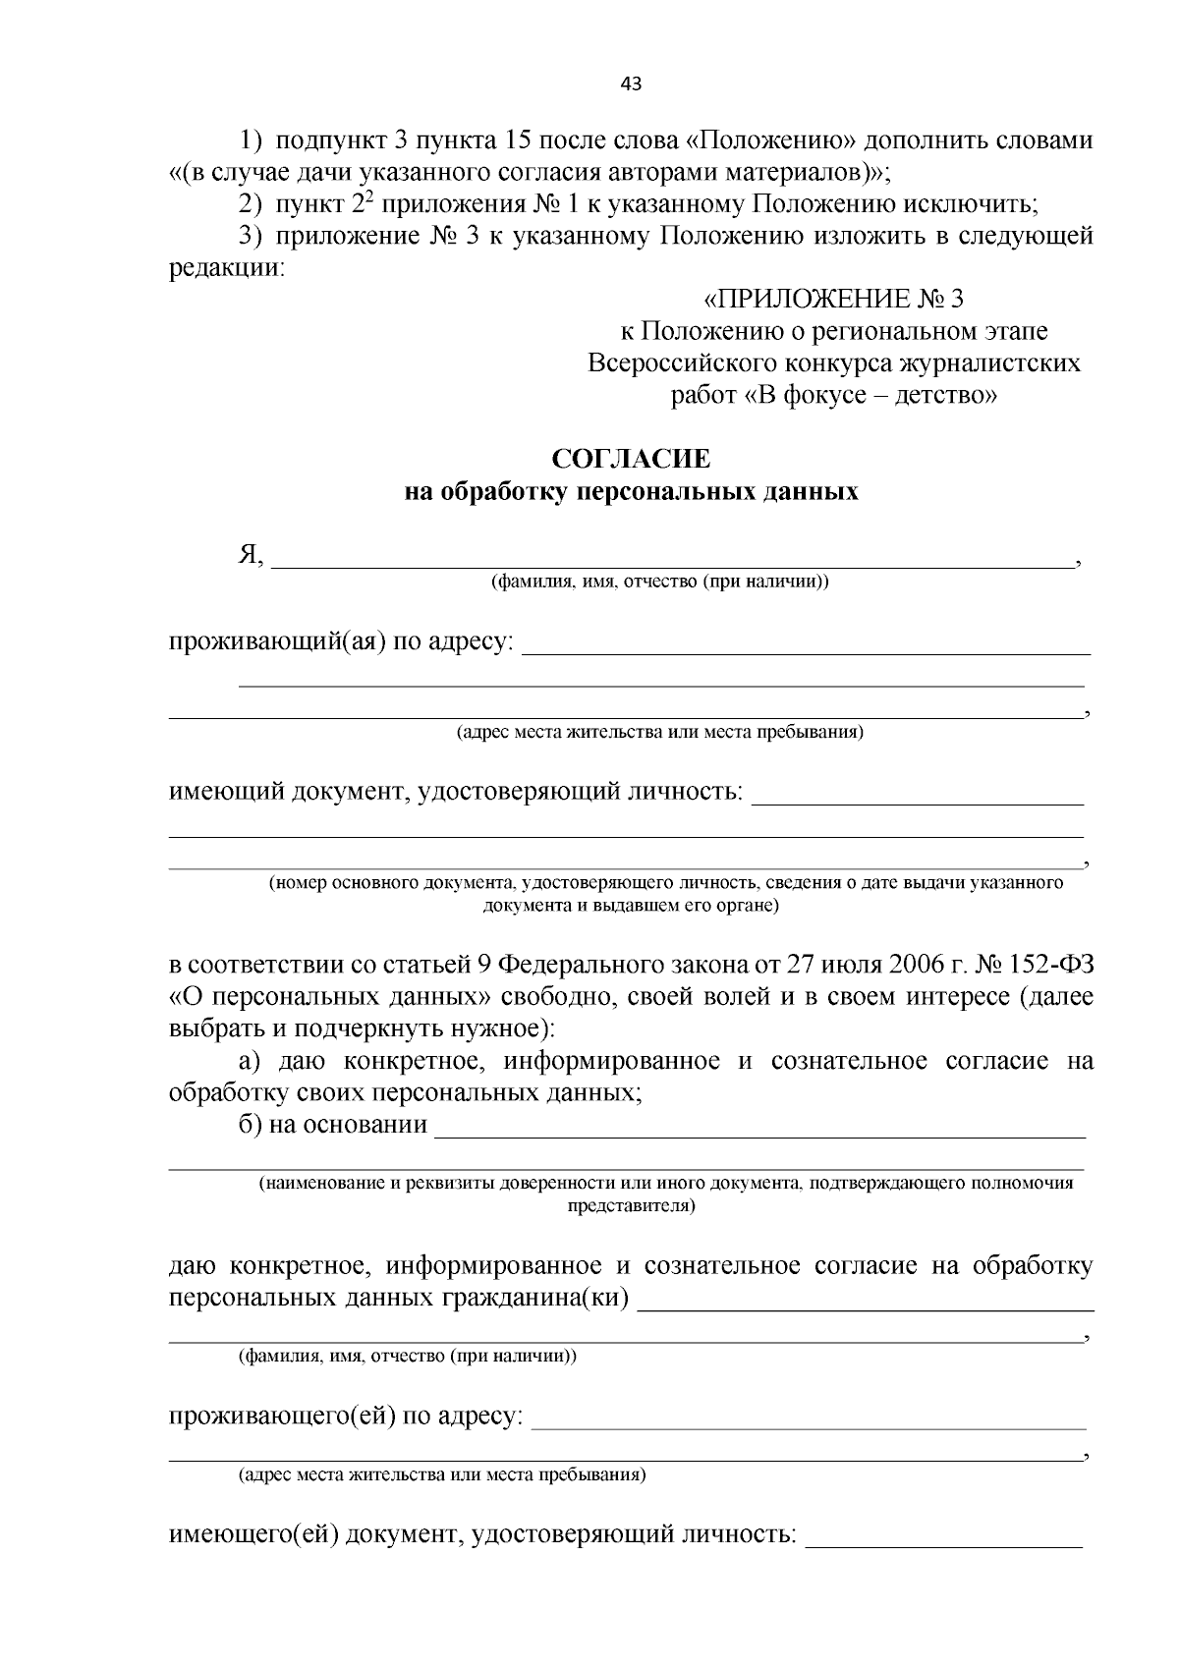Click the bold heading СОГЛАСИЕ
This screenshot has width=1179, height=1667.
(631, 459)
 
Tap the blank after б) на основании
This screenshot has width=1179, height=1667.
(759, 1126)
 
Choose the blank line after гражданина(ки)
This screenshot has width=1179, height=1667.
(866, 1301)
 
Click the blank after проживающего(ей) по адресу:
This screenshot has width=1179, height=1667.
(809, 1418)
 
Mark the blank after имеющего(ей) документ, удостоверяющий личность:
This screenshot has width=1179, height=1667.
(943, 1535)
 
